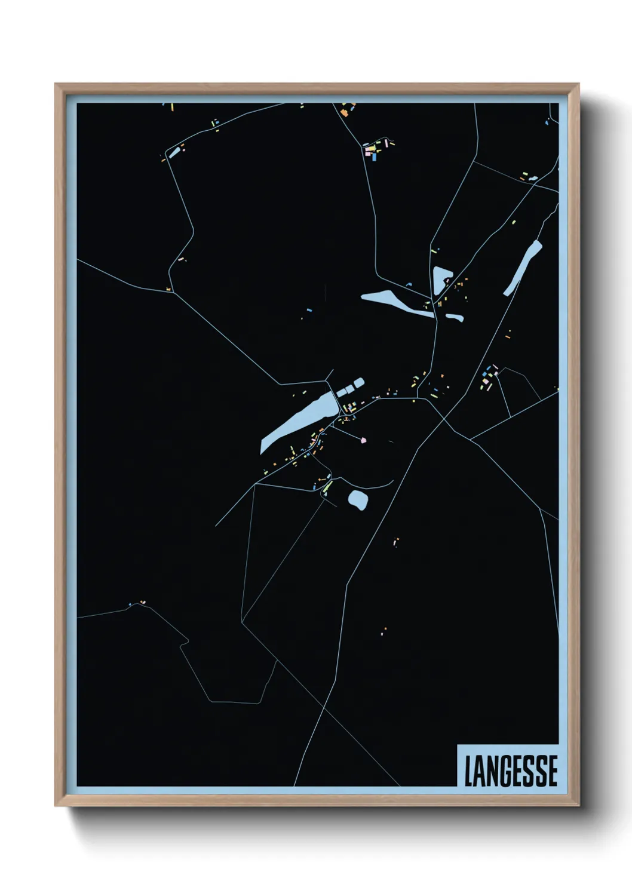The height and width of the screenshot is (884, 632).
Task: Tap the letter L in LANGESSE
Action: (469, 771)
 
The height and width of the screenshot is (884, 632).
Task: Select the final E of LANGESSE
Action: (552, 771)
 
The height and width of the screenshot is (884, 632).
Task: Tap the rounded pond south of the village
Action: (358, 499)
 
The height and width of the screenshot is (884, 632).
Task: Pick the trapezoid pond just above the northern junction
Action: (441, 278)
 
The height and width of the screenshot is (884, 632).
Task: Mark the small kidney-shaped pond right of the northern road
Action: (455, 317)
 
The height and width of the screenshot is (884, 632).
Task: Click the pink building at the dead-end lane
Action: (363, 441)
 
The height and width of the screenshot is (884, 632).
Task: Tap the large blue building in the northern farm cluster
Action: (375, 157)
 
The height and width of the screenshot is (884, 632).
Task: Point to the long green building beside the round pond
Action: (326, 488)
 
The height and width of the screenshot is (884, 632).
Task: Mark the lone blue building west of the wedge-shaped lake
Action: (309, 311)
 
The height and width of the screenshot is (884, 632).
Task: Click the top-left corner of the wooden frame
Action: (56, 84)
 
